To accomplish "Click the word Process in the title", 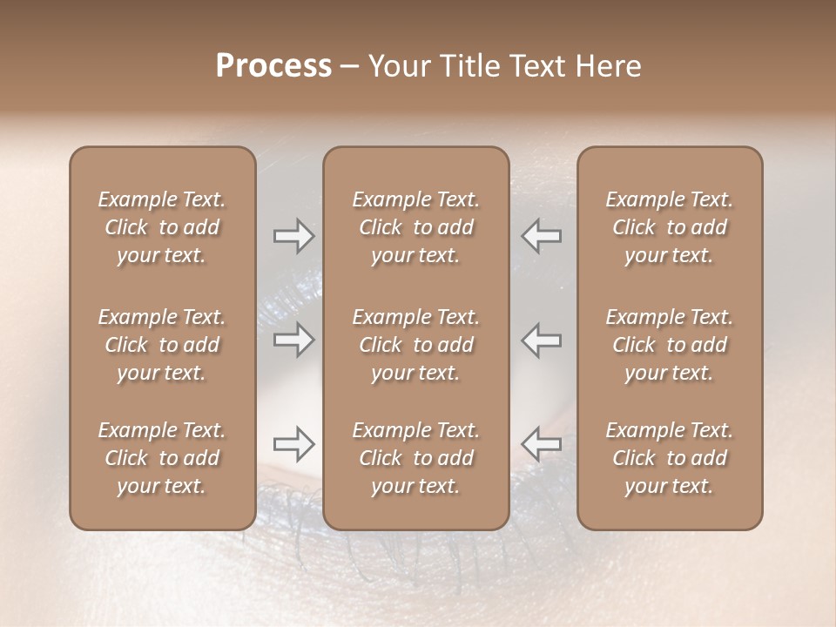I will (x=273, y=66).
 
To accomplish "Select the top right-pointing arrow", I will (x=293, y=235).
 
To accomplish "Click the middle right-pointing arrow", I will (x=293, y=340).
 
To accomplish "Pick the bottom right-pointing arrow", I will (x=293, y=444).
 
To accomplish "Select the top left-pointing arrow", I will (x=542, y=235).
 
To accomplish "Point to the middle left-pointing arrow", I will (x=542, y=340).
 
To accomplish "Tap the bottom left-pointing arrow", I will (x=542, y=444).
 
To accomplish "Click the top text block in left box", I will (x=162, y=227).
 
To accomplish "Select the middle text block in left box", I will (x=162, y=345).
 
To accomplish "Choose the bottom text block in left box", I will (x=162, y=458).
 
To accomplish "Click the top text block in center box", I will (x=416, y=227).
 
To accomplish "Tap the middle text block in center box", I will (x=416, y=345).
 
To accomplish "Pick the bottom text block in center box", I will (x=416, y=458).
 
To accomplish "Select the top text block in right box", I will (x=670, y=227).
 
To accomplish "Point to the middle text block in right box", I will (x=670, y=345).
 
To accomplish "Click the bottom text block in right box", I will (x=670, y=458).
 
